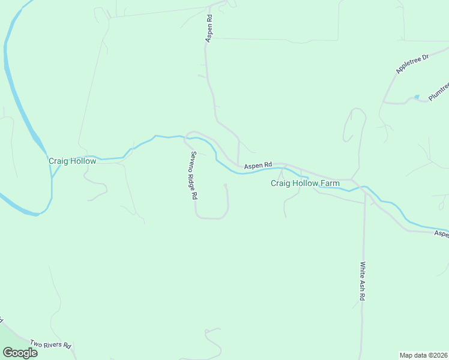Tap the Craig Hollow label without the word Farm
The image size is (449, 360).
72,161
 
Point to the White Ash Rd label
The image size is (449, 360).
363,281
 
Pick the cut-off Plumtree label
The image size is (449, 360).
439,92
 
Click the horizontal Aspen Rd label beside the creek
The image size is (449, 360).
258,164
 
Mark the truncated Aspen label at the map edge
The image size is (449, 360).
442,234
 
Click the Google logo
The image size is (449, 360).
20,353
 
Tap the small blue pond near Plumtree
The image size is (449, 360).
417,97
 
